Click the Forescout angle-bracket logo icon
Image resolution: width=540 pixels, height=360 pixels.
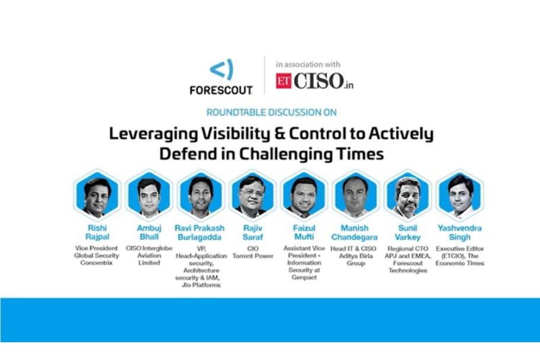tap(221, 70)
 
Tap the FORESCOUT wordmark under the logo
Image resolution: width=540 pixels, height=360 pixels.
tap(221, 91)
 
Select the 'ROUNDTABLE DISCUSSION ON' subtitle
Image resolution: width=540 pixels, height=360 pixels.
tap(270, 111)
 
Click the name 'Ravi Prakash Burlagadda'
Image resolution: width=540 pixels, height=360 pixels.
tap(200, 233)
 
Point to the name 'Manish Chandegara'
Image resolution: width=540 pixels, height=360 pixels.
tap(355, 233)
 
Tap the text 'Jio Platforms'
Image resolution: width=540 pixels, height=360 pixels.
tap(200, 285)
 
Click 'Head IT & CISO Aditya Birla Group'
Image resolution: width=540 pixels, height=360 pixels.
tap(355, 255)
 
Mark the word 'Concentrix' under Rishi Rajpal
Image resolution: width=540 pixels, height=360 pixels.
tap(98, 263)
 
